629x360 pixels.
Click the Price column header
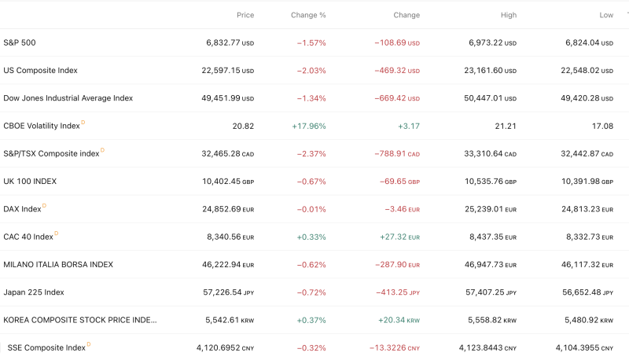(x=245, y=15)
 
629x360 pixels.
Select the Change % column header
(x=308, y=15)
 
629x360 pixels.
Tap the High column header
(x=508, y=15)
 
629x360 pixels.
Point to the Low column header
(x=605, y=15)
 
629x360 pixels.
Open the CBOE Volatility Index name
(x=42, y=126)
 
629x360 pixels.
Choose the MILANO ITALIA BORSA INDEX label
(x=58, y=265)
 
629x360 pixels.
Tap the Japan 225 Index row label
(x=34, y=292)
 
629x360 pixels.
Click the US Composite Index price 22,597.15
(x=221, y=71)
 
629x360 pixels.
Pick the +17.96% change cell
(x=308, y=126)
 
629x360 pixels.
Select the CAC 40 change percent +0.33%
(x=311, y=237)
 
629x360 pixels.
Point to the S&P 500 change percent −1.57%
(x=311, y=42)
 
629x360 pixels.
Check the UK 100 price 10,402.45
(x=221, y=182)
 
